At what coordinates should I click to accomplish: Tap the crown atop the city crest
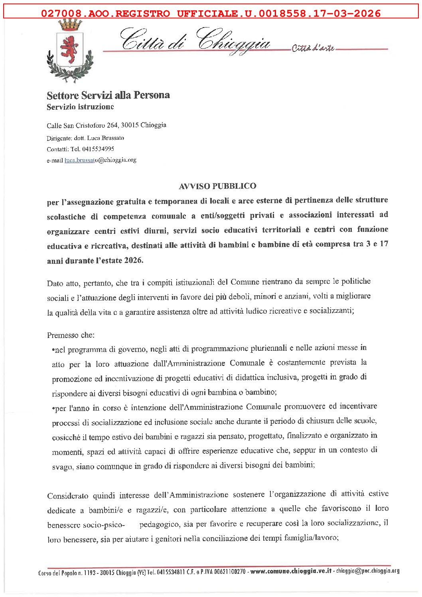coord(70,26)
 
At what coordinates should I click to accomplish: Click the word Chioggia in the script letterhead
coord(235,42)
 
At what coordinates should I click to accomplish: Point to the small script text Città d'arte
coord(313,49)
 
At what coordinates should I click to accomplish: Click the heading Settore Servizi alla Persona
coord(108,95)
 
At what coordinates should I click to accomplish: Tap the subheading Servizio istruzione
coord(80,107)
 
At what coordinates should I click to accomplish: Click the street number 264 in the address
coord(112,125)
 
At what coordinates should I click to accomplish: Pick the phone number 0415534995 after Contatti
coord(98,149)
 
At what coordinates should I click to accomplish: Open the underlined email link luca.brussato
coord(81,160)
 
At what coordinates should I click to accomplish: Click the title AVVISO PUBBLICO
coord(217,186)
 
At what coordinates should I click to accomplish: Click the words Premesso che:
coord(71,335)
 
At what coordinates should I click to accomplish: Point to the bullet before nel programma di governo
coord(53,350)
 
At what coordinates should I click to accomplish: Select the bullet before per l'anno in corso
coord(53,409)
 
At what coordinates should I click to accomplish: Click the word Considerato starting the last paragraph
coord(67,496)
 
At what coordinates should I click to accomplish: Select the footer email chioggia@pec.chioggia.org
coord(367,571)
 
